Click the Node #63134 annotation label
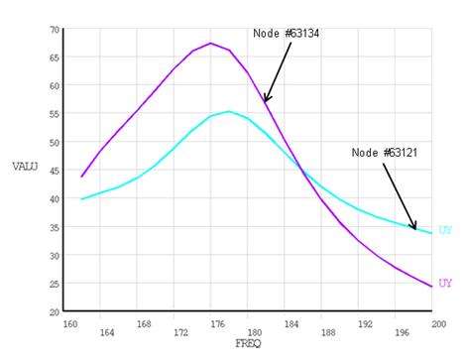click(286, 33)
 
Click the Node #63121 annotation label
click(385, 153)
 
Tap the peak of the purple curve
click(210, 43)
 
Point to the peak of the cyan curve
click(229, 111)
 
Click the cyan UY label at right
click(445, 230)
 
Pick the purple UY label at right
click(445, 283)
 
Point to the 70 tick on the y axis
click(54, 29)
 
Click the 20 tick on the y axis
click(54, 311)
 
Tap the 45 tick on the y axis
click(54, 170)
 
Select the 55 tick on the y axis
click(54, 113)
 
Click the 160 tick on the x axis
click(69, 323)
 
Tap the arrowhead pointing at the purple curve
click(265, 99)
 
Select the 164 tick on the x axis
click(107, 332)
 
